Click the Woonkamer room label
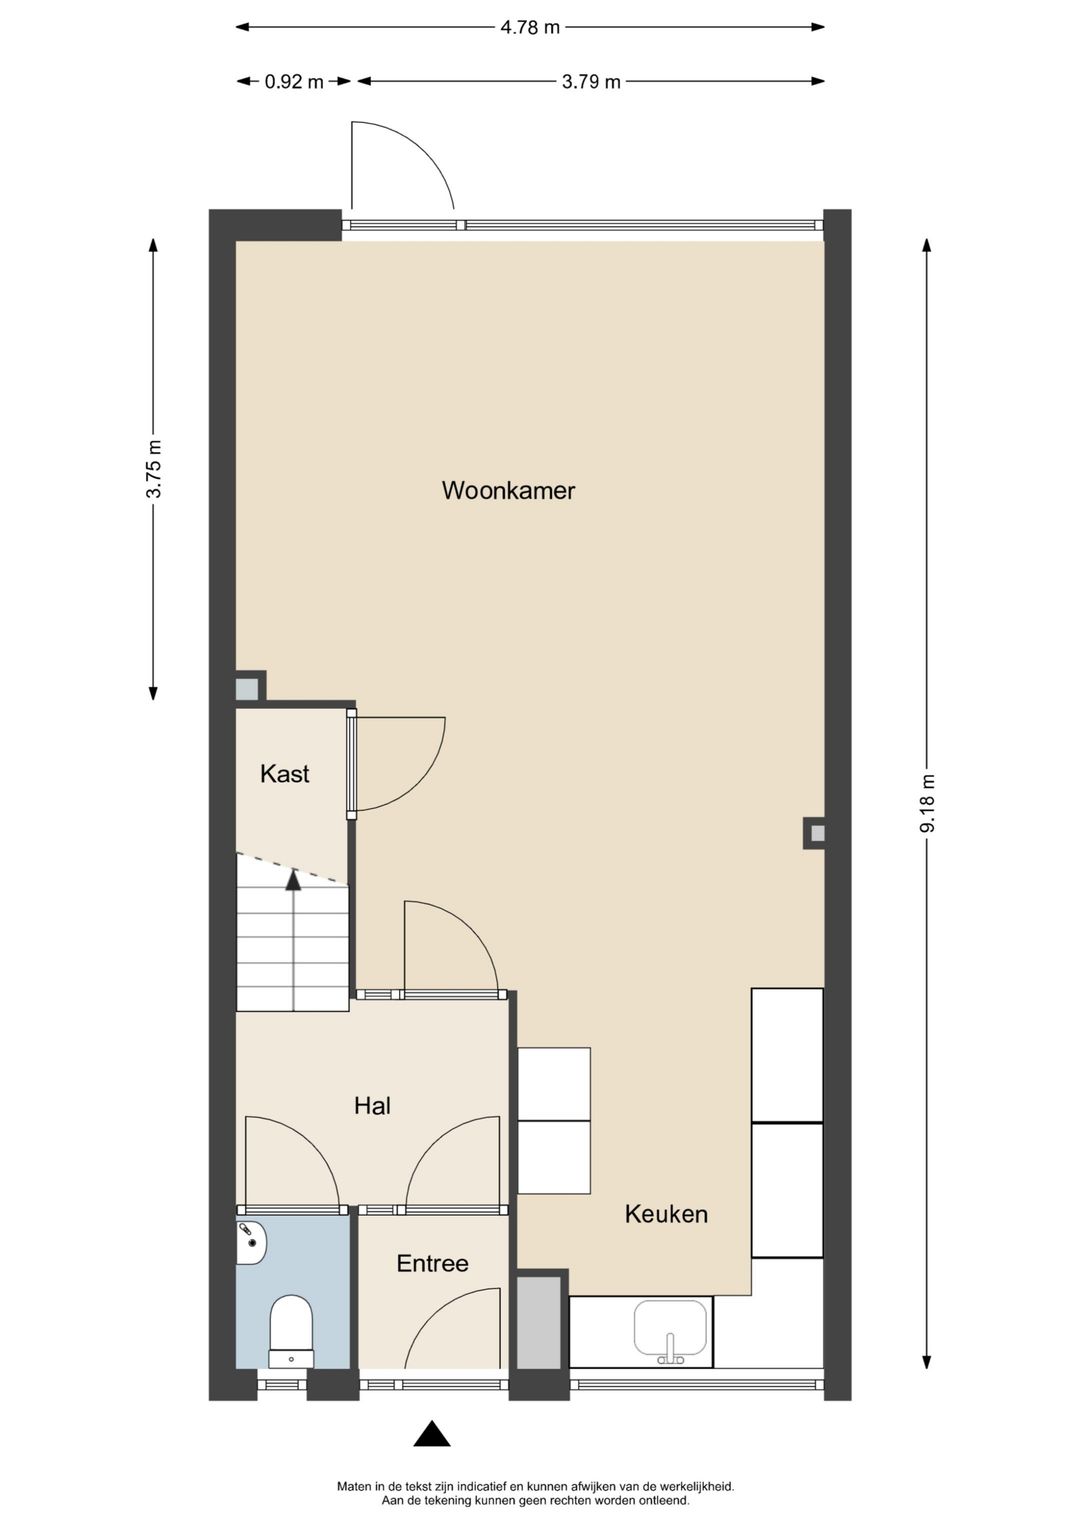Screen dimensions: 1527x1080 (x=508, y=490)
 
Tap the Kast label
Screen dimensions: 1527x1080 (x=284, y=773)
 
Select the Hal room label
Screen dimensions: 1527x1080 (x=372, y=1105)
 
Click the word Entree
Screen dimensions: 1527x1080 (x=432, y=1263)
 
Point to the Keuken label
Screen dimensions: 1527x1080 (x=666, y=1213)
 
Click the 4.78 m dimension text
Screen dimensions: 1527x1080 (x=530, y=27)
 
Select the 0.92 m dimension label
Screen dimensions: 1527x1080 (x=294, y=82)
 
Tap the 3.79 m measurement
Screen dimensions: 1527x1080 (x=591, y=82)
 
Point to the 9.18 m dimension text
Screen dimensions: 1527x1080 (x=927, y=802)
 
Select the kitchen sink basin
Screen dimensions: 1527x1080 (x=670, y=1327)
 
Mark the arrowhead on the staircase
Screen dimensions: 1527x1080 (x=293, y=880)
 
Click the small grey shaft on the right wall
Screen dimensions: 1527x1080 (x=817, y=832)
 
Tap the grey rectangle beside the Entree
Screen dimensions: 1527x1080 (x=540, y=1322)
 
